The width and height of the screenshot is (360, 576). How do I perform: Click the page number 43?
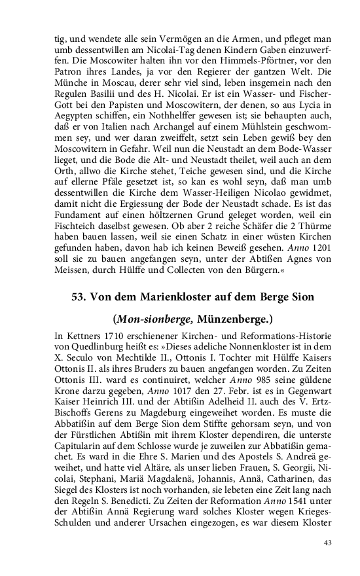(328, 542)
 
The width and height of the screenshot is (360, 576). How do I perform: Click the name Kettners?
(82, 338)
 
